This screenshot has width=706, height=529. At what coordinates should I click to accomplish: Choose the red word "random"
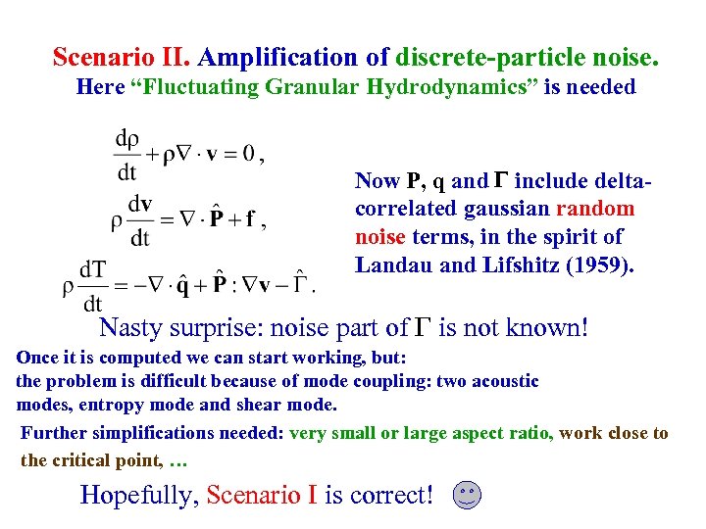click(595, 209)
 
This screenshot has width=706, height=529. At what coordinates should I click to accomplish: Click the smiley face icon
click(468, 496)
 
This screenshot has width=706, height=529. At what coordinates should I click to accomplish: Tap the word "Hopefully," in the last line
click(141, 495)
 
